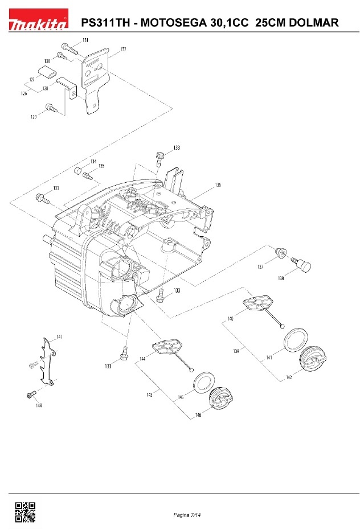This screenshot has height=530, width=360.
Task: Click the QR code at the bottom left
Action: coord(24,512)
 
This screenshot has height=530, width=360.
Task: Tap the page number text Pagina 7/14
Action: coord(188,515)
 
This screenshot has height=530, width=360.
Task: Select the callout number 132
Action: coord(123,50)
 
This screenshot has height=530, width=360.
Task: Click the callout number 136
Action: coord(218,185)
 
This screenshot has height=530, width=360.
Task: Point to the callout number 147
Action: coord(59,337)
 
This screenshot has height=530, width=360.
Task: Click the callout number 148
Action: coord(39,405)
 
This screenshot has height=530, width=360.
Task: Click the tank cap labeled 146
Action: coord(222,398)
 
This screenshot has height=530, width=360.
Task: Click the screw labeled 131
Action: coord(67,47)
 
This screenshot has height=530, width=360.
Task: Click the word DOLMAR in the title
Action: coord(309,23)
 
